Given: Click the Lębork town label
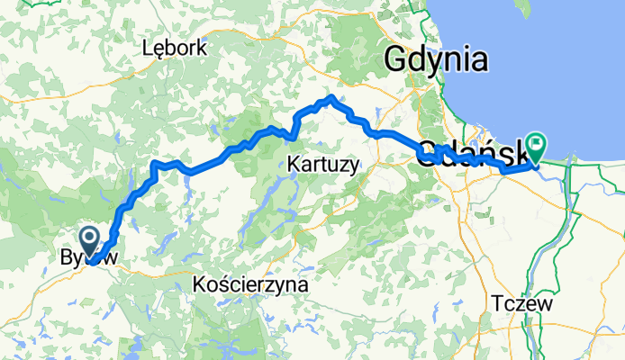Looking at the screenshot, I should point(176,49).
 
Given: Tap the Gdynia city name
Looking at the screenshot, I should point(436,60).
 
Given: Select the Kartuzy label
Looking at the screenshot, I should point(323,164).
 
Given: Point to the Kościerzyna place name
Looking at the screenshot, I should point(250,284).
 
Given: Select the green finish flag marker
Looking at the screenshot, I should point(538,143).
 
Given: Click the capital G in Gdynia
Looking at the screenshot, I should point(395,59).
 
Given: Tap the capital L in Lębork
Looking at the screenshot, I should point(148,48).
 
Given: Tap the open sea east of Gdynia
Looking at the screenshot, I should point(567,72).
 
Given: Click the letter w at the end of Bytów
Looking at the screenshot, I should point(111,258).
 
